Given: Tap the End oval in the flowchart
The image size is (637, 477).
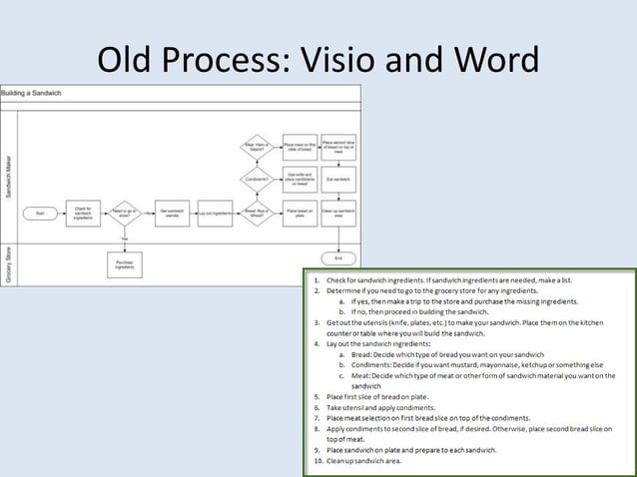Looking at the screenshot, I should [x=337, y=257].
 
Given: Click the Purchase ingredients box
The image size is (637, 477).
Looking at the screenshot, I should [x=126, y=264].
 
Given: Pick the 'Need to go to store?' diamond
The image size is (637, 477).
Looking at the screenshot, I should [x=126, y=213].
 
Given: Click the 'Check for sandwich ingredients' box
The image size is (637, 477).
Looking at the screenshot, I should [x=84, y=213].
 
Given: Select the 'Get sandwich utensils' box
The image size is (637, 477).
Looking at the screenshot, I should [x=171, y=213].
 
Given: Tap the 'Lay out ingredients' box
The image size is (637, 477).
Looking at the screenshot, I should [x=214, y=213].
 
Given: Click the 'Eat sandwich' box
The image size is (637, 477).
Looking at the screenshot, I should [x=337, y=179].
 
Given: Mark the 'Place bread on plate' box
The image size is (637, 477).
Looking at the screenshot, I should [x=298, y=212].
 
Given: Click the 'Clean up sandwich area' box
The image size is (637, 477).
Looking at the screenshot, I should [x=337, y=212].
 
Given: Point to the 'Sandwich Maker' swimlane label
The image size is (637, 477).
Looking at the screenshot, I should [x=9, y=176].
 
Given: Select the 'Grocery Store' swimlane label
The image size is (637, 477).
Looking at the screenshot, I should [x=9, y=264].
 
